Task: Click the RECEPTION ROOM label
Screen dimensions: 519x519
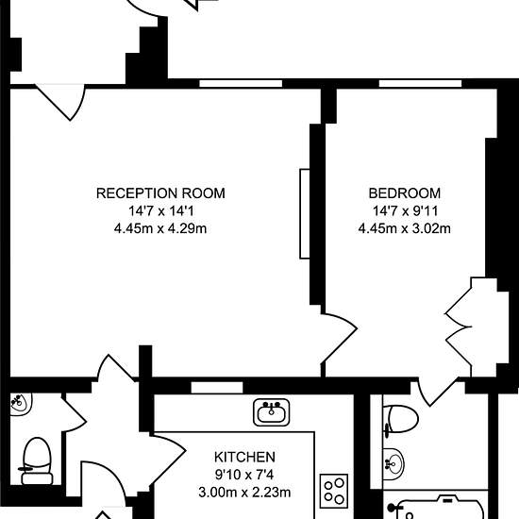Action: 160,193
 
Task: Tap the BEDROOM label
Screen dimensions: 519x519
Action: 405,193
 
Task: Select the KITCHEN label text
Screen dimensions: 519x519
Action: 244,457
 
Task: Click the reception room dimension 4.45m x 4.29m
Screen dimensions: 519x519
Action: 160,228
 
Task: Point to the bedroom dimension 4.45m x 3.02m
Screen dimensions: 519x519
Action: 405,228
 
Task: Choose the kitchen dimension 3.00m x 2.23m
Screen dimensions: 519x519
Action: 244,493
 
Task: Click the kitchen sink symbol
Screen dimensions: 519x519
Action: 272,412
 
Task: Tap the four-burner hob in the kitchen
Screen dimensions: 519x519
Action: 334,491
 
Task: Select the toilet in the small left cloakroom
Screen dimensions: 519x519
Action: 37,461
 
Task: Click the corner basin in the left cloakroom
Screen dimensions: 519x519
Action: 20,403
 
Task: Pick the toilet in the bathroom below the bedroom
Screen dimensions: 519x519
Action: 400,419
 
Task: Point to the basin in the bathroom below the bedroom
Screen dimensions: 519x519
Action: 393,464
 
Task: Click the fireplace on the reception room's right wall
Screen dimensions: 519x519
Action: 305,213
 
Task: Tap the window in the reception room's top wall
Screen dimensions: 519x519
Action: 241,83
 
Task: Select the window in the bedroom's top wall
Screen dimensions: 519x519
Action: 420,83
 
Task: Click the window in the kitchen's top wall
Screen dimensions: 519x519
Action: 217,388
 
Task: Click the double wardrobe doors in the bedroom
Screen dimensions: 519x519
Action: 459,327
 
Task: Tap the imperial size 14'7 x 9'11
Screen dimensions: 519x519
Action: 405,210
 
